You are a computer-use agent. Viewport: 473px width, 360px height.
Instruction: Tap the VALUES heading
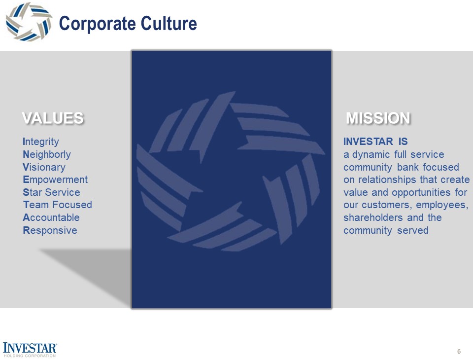(53, 118)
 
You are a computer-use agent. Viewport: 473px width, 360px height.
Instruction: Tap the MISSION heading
(378, 118)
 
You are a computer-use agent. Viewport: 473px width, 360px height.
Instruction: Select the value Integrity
(41, 142)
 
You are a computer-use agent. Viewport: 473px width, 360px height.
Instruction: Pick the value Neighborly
(47, 155)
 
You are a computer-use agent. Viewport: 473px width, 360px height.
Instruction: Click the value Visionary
(44, 167)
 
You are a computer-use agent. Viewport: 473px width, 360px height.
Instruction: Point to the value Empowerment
(55, 180)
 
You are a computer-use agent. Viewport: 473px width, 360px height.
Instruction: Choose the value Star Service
(51, 192)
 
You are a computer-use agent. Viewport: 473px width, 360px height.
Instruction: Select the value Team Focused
(57, 205)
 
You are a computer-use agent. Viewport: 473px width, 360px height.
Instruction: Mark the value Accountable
(51, 217)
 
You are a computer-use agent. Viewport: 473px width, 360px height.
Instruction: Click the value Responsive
(50, 230)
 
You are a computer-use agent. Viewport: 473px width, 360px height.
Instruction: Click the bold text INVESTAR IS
(375, 142)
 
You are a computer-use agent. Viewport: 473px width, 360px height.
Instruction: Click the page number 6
(459, 352)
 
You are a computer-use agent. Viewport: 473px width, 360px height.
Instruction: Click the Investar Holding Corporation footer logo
(30, 349)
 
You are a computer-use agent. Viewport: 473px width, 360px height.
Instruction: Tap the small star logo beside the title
(29, 22)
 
